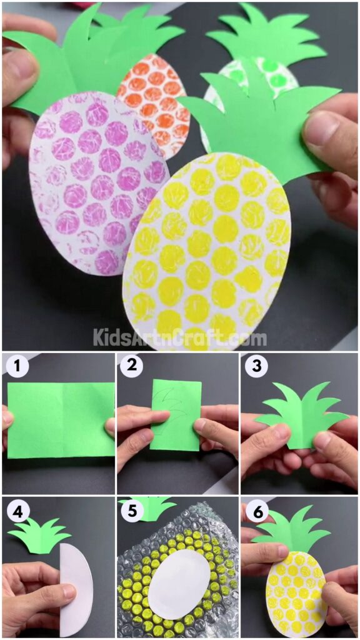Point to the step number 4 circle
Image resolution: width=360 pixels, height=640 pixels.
pyautogui.click(x=17, y=511)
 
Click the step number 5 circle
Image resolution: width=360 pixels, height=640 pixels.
pyautogui.click(x=131, y=511)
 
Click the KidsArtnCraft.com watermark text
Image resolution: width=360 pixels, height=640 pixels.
pyautogui.click(x=180, y=338)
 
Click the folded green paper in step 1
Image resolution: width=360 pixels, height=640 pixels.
pyautogui.click(x=60, y=419)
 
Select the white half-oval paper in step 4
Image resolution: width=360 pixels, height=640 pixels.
pyautogui.click(x=76, y=581)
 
